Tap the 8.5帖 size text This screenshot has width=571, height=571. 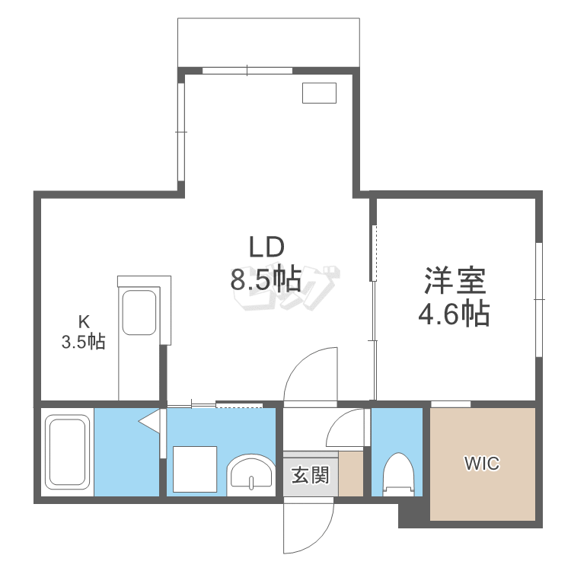266,281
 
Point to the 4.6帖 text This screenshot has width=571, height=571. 455,313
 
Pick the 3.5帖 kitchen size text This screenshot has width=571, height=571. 84,342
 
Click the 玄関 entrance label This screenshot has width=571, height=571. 310,477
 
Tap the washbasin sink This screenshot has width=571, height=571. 251,473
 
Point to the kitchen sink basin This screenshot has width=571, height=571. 139,312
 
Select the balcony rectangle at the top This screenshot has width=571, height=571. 267,42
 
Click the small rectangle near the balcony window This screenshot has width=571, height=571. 319,92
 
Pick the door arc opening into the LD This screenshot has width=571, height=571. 311,373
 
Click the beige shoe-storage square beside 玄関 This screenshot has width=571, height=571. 351,474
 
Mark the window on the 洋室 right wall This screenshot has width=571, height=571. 538,301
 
